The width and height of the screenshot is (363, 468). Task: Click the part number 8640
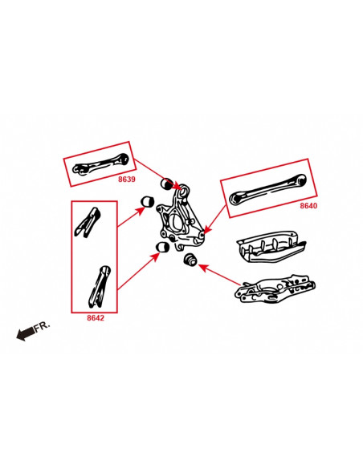pyautogui.click(x=308, y=206)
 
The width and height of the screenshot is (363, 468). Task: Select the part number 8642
pyautogui.click(x=96, y=317)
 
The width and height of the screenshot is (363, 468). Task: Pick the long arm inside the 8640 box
pyautogui.click(x=269, y=190)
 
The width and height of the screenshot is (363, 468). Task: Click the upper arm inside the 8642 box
pyautogui.click(x=90, y=221)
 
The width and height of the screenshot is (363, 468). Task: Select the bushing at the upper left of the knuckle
pyautogui.click(x=148, y=201)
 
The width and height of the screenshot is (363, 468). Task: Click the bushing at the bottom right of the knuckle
pyautogui.click(x=191, y=260)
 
